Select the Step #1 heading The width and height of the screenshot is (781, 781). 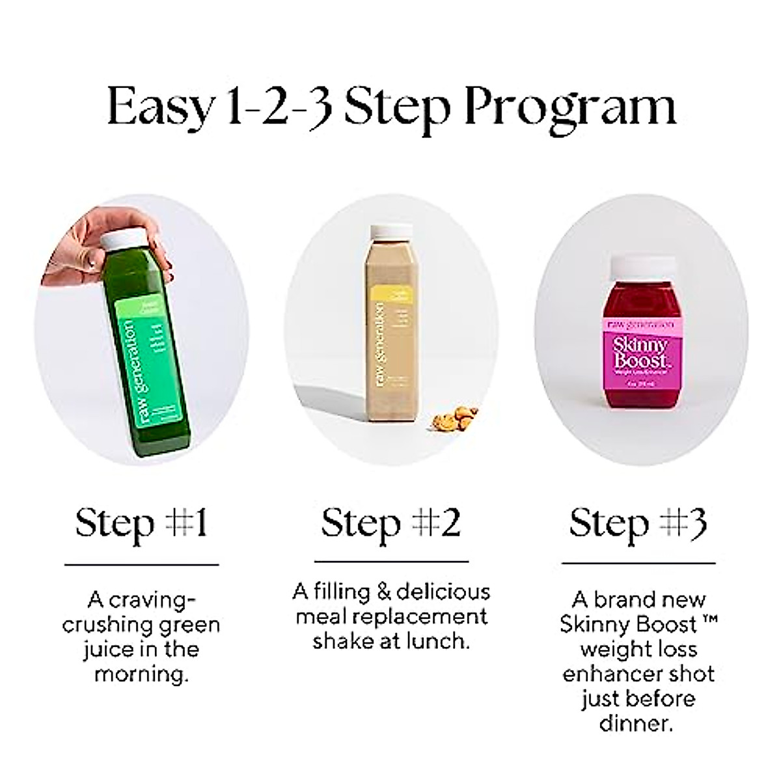(x=141, y=523)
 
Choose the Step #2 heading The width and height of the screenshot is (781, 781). (x=390, y=523)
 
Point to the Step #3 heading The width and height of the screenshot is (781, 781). (x=638, y=523)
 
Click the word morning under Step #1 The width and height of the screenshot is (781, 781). (x=141, y=674)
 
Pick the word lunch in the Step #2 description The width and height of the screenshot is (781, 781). (x=436, y=641)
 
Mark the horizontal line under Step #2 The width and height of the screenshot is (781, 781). (x=391, y=561)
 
